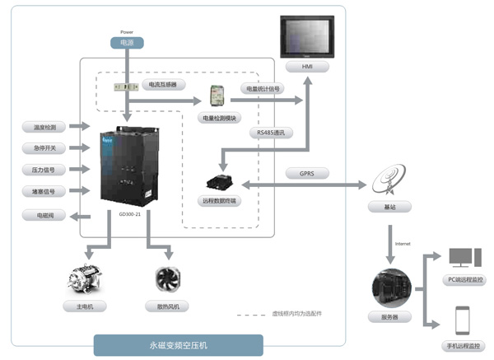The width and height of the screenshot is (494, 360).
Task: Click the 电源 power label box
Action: tap(127, 42)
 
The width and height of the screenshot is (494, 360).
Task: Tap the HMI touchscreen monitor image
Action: tap(306, 37)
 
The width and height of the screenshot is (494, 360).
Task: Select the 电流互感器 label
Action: tap(164, 84)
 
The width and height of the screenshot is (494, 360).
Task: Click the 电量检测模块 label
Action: tap(218, 118)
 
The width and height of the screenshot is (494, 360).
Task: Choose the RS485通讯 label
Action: tap(272, 132)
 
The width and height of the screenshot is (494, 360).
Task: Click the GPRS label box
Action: tap(307, 174)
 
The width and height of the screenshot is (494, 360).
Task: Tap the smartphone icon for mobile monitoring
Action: tap(463, 319)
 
